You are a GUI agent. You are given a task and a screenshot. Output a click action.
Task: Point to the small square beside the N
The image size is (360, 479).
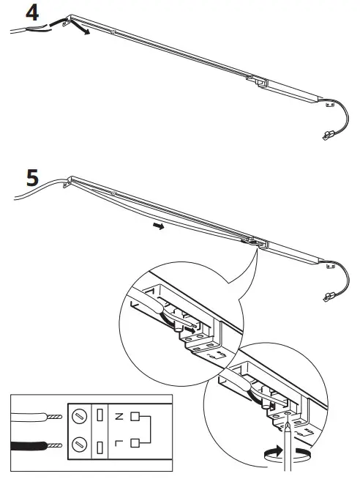tap(134, 416)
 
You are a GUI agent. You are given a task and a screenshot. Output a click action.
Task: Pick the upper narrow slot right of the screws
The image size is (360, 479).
tap(99, 416)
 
